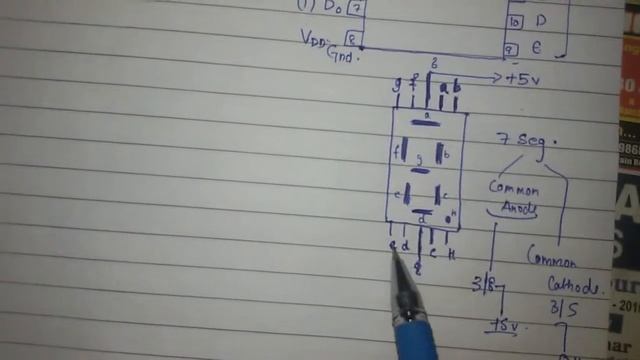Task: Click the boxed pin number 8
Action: (353, 39)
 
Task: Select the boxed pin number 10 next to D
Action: (513, 21)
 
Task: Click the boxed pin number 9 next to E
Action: (510, 49)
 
